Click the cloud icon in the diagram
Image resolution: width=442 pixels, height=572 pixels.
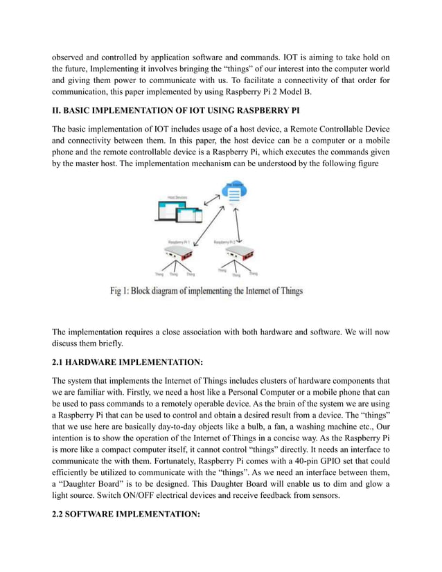(x=234, y=192)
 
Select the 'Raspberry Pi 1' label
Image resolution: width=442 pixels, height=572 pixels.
(x=179, y=242)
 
